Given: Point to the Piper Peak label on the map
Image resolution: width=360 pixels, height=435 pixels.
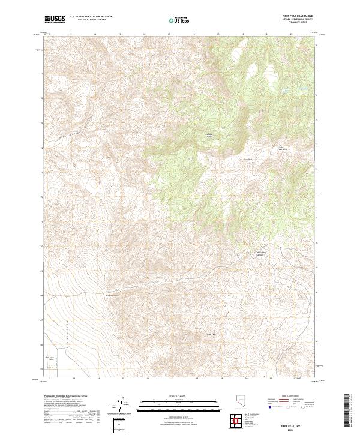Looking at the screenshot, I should point(246,159).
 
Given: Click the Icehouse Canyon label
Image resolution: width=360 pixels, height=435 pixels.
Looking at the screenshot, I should point(209,134).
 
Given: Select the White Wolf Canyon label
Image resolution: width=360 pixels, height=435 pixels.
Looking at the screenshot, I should point(261,254).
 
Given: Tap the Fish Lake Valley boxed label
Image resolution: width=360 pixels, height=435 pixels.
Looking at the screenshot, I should point(50,358).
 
